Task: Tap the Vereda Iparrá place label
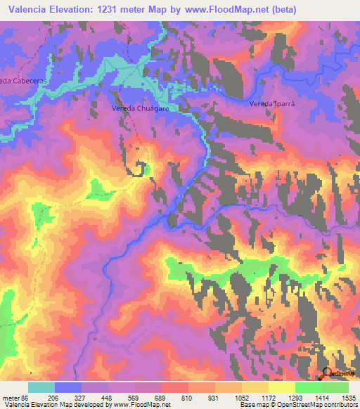tap(271, 103)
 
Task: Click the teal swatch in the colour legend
tap(41, 387)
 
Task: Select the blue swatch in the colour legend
tap(68, 387)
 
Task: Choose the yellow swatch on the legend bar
tap(282, 387)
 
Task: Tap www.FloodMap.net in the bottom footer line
tap(139, 405)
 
